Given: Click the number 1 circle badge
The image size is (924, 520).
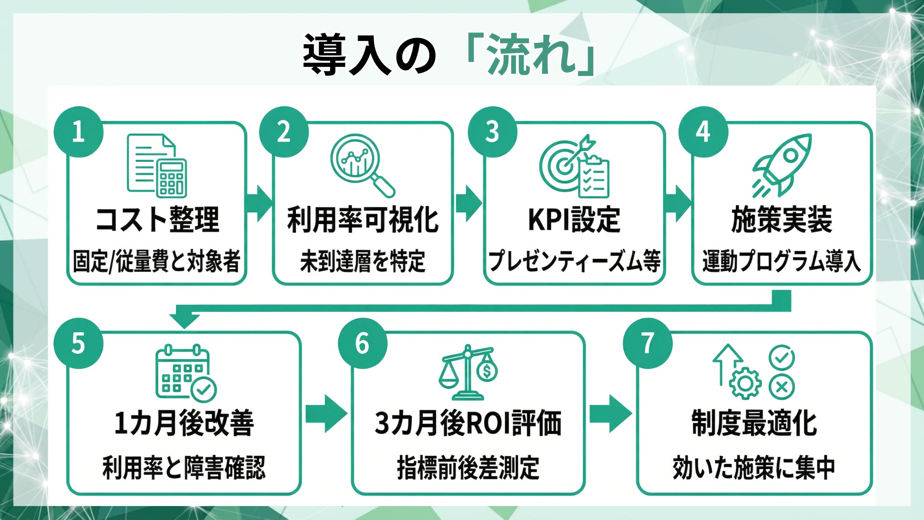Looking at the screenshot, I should coord(78,131).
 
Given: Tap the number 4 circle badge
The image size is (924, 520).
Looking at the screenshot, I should coord(703,131).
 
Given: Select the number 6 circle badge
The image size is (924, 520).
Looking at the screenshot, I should coord(362,343).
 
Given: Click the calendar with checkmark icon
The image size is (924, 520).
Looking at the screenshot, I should coord(185,372).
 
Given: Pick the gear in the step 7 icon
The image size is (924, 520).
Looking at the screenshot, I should coord(745,383).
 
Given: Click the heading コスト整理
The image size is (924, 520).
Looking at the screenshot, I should coord(157,220).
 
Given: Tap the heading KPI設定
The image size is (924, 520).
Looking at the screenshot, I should coord(574,220).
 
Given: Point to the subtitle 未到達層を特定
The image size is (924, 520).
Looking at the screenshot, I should coord(362,261).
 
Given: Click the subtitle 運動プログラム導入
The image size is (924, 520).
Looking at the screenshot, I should coord(781,261).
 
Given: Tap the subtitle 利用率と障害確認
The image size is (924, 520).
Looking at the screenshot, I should coord(184,467).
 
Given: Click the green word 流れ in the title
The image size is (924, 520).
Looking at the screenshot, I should coord(532,55).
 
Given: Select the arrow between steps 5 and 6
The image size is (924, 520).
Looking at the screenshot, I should coord(326,413).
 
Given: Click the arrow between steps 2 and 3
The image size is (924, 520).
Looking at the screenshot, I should coord(468,203).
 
